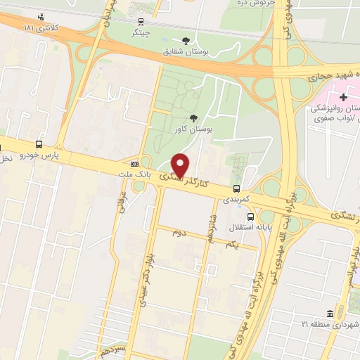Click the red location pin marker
pos(181,165)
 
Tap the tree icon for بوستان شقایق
pos(186,41)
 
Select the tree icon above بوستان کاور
pos(193,118)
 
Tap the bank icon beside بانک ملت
pos(135,165)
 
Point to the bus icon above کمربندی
pos(236,188)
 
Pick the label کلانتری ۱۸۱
pos(41,29)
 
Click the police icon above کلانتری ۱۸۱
pos(42,17)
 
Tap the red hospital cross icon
pos(343,96)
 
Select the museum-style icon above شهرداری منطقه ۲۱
pos(329,312)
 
